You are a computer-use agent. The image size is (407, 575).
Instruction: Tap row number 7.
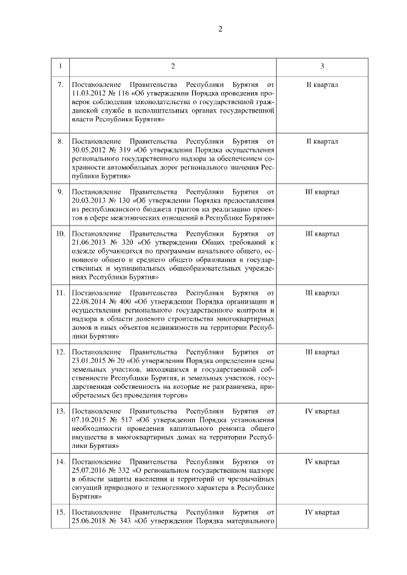[x=60, y=85]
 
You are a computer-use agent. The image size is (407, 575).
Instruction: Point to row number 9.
[x=60, y=191]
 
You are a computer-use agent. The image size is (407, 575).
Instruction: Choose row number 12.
[x=60, y=351]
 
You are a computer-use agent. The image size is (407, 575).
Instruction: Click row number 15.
[x=60, y=511]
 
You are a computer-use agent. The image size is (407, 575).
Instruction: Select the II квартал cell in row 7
[x=322, y=85]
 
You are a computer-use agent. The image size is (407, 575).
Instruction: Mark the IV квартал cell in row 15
[x=322, y=511]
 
